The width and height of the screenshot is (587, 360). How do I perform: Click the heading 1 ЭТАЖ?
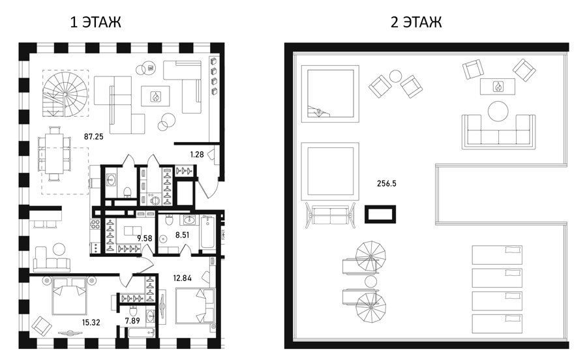pyautogui.click(x=96, y=22)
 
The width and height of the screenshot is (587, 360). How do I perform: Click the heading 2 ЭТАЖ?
pyautogui.click(x=416, y=22)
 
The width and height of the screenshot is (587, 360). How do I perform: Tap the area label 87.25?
pyautogui.click(x=93, y=136)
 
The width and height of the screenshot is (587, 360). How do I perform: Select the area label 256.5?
pyautogui.click(x=387, y=183)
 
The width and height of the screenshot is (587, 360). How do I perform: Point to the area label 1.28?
pyautogui.click(x=197, y=154)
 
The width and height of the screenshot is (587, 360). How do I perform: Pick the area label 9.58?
pyautogui.click(x=145, y=238)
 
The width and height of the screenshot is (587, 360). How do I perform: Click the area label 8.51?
pyautogui.click(x=183, y=235)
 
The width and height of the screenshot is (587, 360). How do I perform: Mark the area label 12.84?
pyautogui.click(x=183, y=278)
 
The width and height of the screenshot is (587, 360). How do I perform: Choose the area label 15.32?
pyautogui.click(x=91, y=322)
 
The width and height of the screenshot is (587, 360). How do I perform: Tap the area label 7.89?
pyautogui.click(x=133, y=320)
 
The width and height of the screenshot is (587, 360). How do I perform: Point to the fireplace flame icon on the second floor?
pyautogui.click(x=498, y=87)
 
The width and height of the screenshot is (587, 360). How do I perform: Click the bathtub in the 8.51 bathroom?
pyautogui.click(x=207, y=232)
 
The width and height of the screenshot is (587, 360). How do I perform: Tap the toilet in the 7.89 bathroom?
pyautogui.click(x=133, y=310)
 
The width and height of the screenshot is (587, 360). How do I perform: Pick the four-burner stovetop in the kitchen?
pyautogui.click(x=95, y=224)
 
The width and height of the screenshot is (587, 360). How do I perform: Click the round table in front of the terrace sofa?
pyautogui.click(x=498, y=111)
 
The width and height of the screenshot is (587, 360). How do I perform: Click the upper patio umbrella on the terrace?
pyautogui.click(x=370, y=256)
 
